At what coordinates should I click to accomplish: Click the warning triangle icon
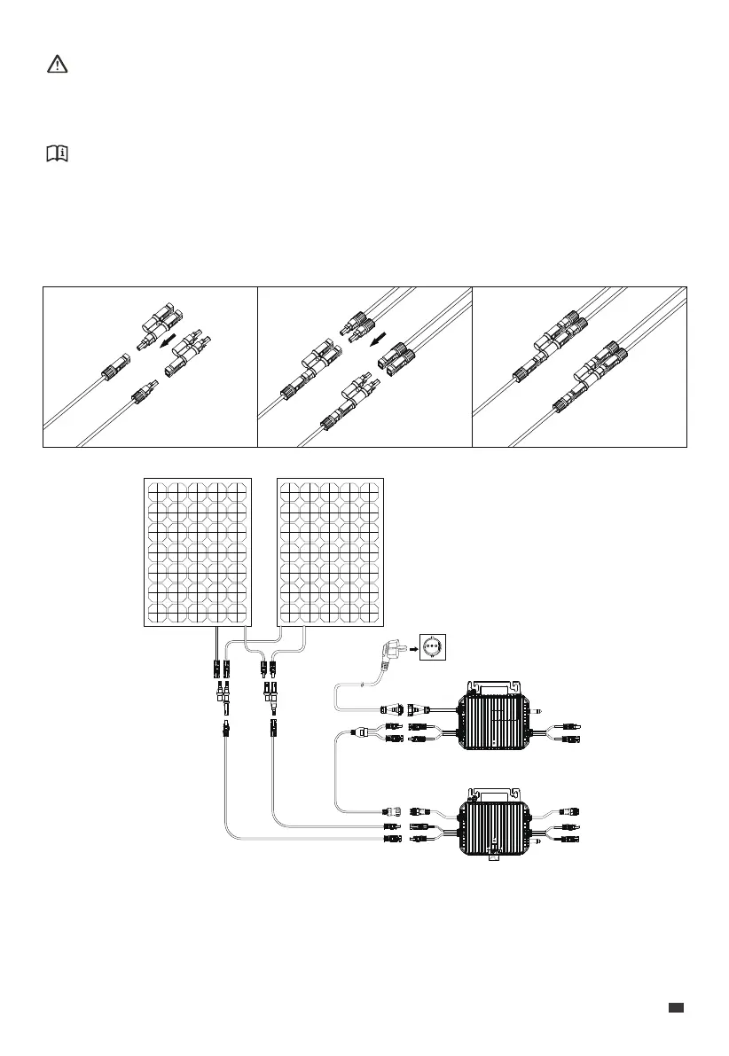(x=55, y=65)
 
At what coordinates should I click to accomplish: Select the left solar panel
(x=198, y=551)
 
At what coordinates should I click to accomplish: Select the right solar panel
(x=333, y=551)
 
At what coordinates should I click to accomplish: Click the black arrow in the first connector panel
(x=169, y=340)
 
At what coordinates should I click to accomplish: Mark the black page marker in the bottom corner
(x=677, y=1006)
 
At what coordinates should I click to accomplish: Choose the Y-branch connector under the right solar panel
(x=268, y=688)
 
